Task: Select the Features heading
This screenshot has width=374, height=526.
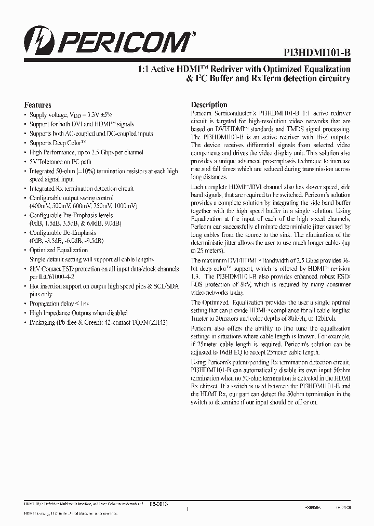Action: click(38, 104)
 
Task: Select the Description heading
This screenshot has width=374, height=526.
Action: click(209, 104)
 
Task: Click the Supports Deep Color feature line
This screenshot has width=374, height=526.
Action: click(58, 143)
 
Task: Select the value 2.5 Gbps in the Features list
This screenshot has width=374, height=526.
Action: click(106, 152)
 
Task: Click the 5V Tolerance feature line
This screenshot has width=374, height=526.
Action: click(63, 162)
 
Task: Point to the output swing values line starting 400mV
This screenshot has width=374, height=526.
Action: click(83, 206)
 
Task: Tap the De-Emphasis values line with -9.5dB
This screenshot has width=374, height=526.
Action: click(66, 241)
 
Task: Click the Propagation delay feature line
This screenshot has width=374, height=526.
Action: click(59, 304)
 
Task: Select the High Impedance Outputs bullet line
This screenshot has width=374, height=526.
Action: click(78, 313)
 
